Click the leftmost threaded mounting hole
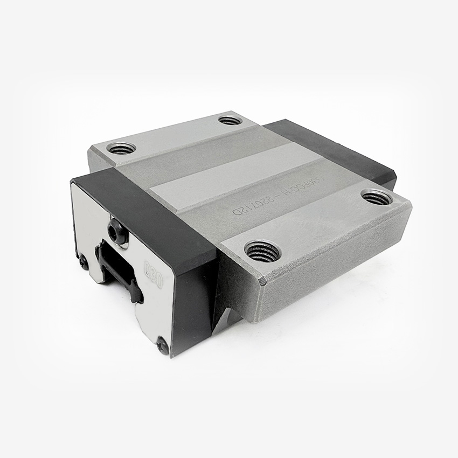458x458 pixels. pyautogui.click(x=121, y=147)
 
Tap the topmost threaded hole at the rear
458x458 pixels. pyautogui.click(x=230, y=120)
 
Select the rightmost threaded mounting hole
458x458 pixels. pyautogui.click(x=376, y=197)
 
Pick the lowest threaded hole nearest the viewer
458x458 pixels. pyautogui.click(x=262, y=251)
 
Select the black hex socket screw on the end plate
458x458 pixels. pyautogui.click(x=116, y=231)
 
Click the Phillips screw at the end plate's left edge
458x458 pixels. pyautogui.click(x=83, y=262)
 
